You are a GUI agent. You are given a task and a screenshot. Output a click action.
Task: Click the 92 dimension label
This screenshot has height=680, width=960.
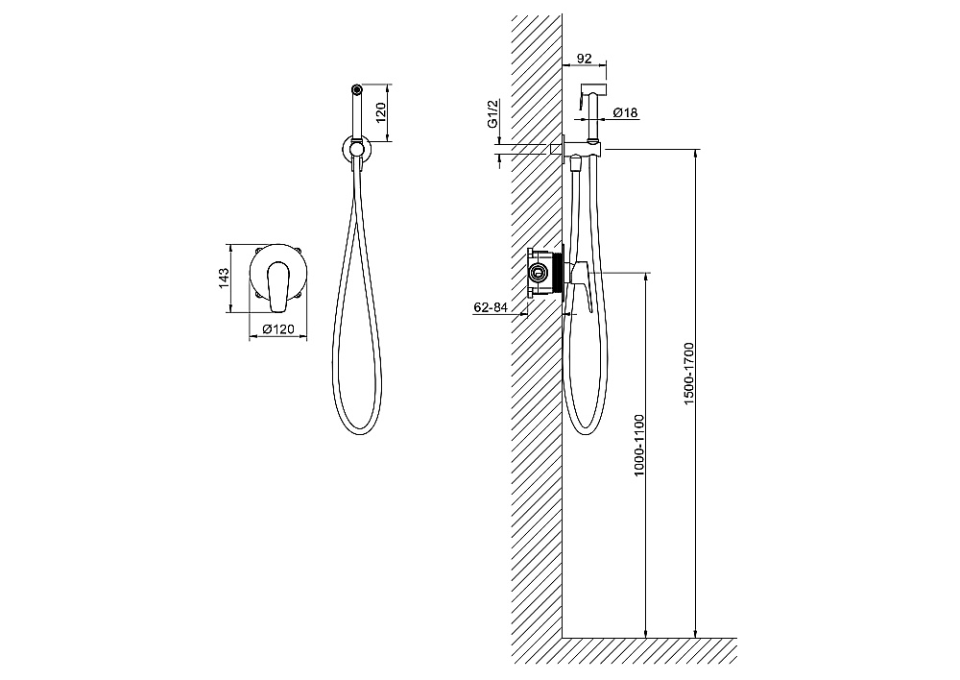(x=585, y=59)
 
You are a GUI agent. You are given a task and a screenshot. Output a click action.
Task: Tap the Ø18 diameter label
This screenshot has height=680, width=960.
(x=625, y=112)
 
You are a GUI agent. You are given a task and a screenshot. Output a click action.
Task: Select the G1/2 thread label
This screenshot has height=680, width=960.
(x=492, y=114)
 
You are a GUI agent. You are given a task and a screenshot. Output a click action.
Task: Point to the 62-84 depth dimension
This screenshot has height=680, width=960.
(x=491, y=307)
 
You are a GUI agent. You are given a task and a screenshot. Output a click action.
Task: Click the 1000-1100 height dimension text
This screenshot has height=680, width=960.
(x=639, y=446)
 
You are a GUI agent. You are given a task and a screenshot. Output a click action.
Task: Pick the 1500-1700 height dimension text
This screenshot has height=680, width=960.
(x=688, y=374)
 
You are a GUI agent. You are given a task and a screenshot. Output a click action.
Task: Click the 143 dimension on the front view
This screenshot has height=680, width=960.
(x=224, y=279)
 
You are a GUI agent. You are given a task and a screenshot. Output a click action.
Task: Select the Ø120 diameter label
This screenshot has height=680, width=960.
(x=278, y=329)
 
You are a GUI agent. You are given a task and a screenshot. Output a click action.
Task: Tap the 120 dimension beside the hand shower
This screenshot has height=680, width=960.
(x=380, y=112)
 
